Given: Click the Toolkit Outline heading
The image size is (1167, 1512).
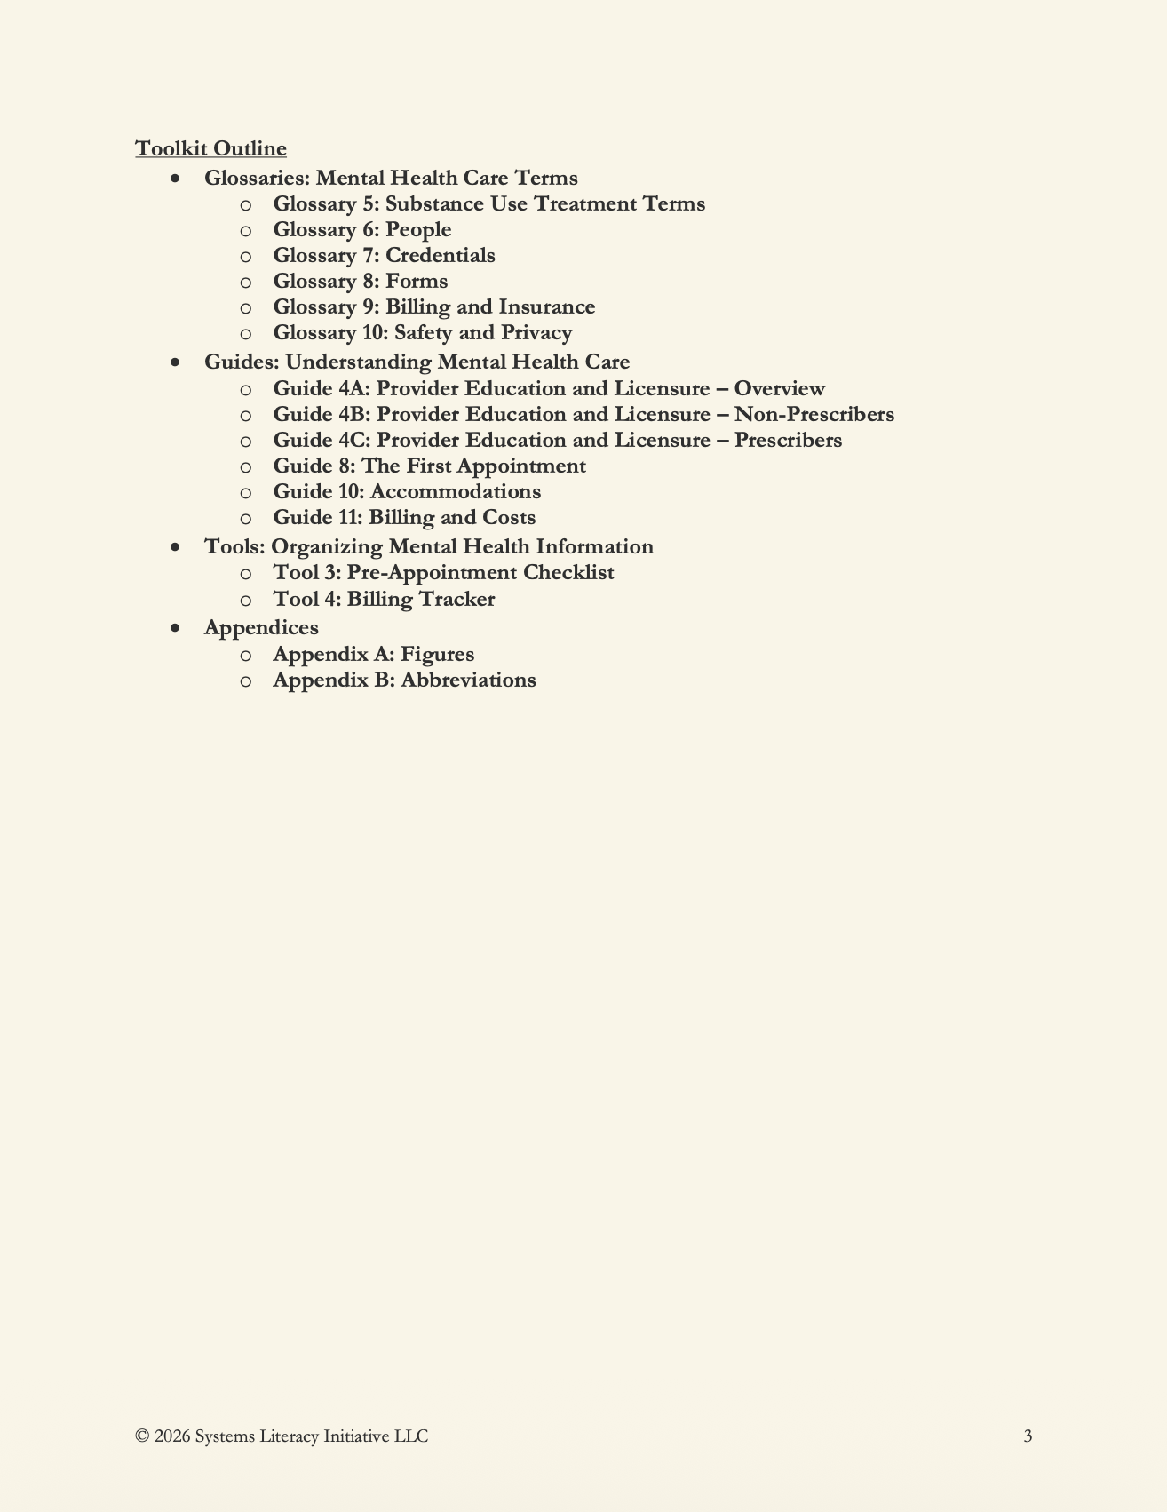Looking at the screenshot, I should pyautogui.click(x=210, y=148).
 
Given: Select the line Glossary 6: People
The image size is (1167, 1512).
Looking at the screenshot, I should pyautogui.click(x=361, y=230).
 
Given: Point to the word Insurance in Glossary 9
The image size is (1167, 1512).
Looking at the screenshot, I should pyautogui.click(x=546, y=307).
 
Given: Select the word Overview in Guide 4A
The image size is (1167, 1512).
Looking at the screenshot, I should pyautogui.click(x=779, y=389).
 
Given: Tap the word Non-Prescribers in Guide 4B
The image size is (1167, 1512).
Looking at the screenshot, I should pyautogui.click(x=814, y=415).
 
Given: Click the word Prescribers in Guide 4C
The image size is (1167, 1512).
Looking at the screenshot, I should pyautogui.click(x=788, y=441).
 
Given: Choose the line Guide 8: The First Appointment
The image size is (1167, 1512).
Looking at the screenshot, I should pyautogui.click(x=429, y=466).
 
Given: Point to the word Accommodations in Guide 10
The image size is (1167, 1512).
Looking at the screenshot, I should pyautogui.click(x=455, y=492).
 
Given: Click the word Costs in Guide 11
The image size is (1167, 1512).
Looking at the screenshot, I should pyautogui.click(x=508, y=518).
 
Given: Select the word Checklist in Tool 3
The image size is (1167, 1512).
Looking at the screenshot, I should pyautogui.click(x=568, y=573).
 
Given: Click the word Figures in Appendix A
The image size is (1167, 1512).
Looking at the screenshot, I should pyautogui.click(x=437, y=655).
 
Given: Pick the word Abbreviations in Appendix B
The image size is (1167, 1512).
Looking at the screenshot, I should pyautogui.click(x=468, y=680).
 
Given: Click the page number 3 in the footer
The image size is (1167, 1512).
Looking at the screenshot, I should pyautogui.click(x=1028, y=1436).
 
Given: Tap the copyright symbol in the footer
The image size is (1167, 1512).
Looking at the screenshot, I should pyautogui.click(x=142, y=1436).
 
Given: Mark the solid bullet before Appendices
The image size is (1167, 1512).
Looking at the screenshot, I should pyautogui.click(x=176, y=628).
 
